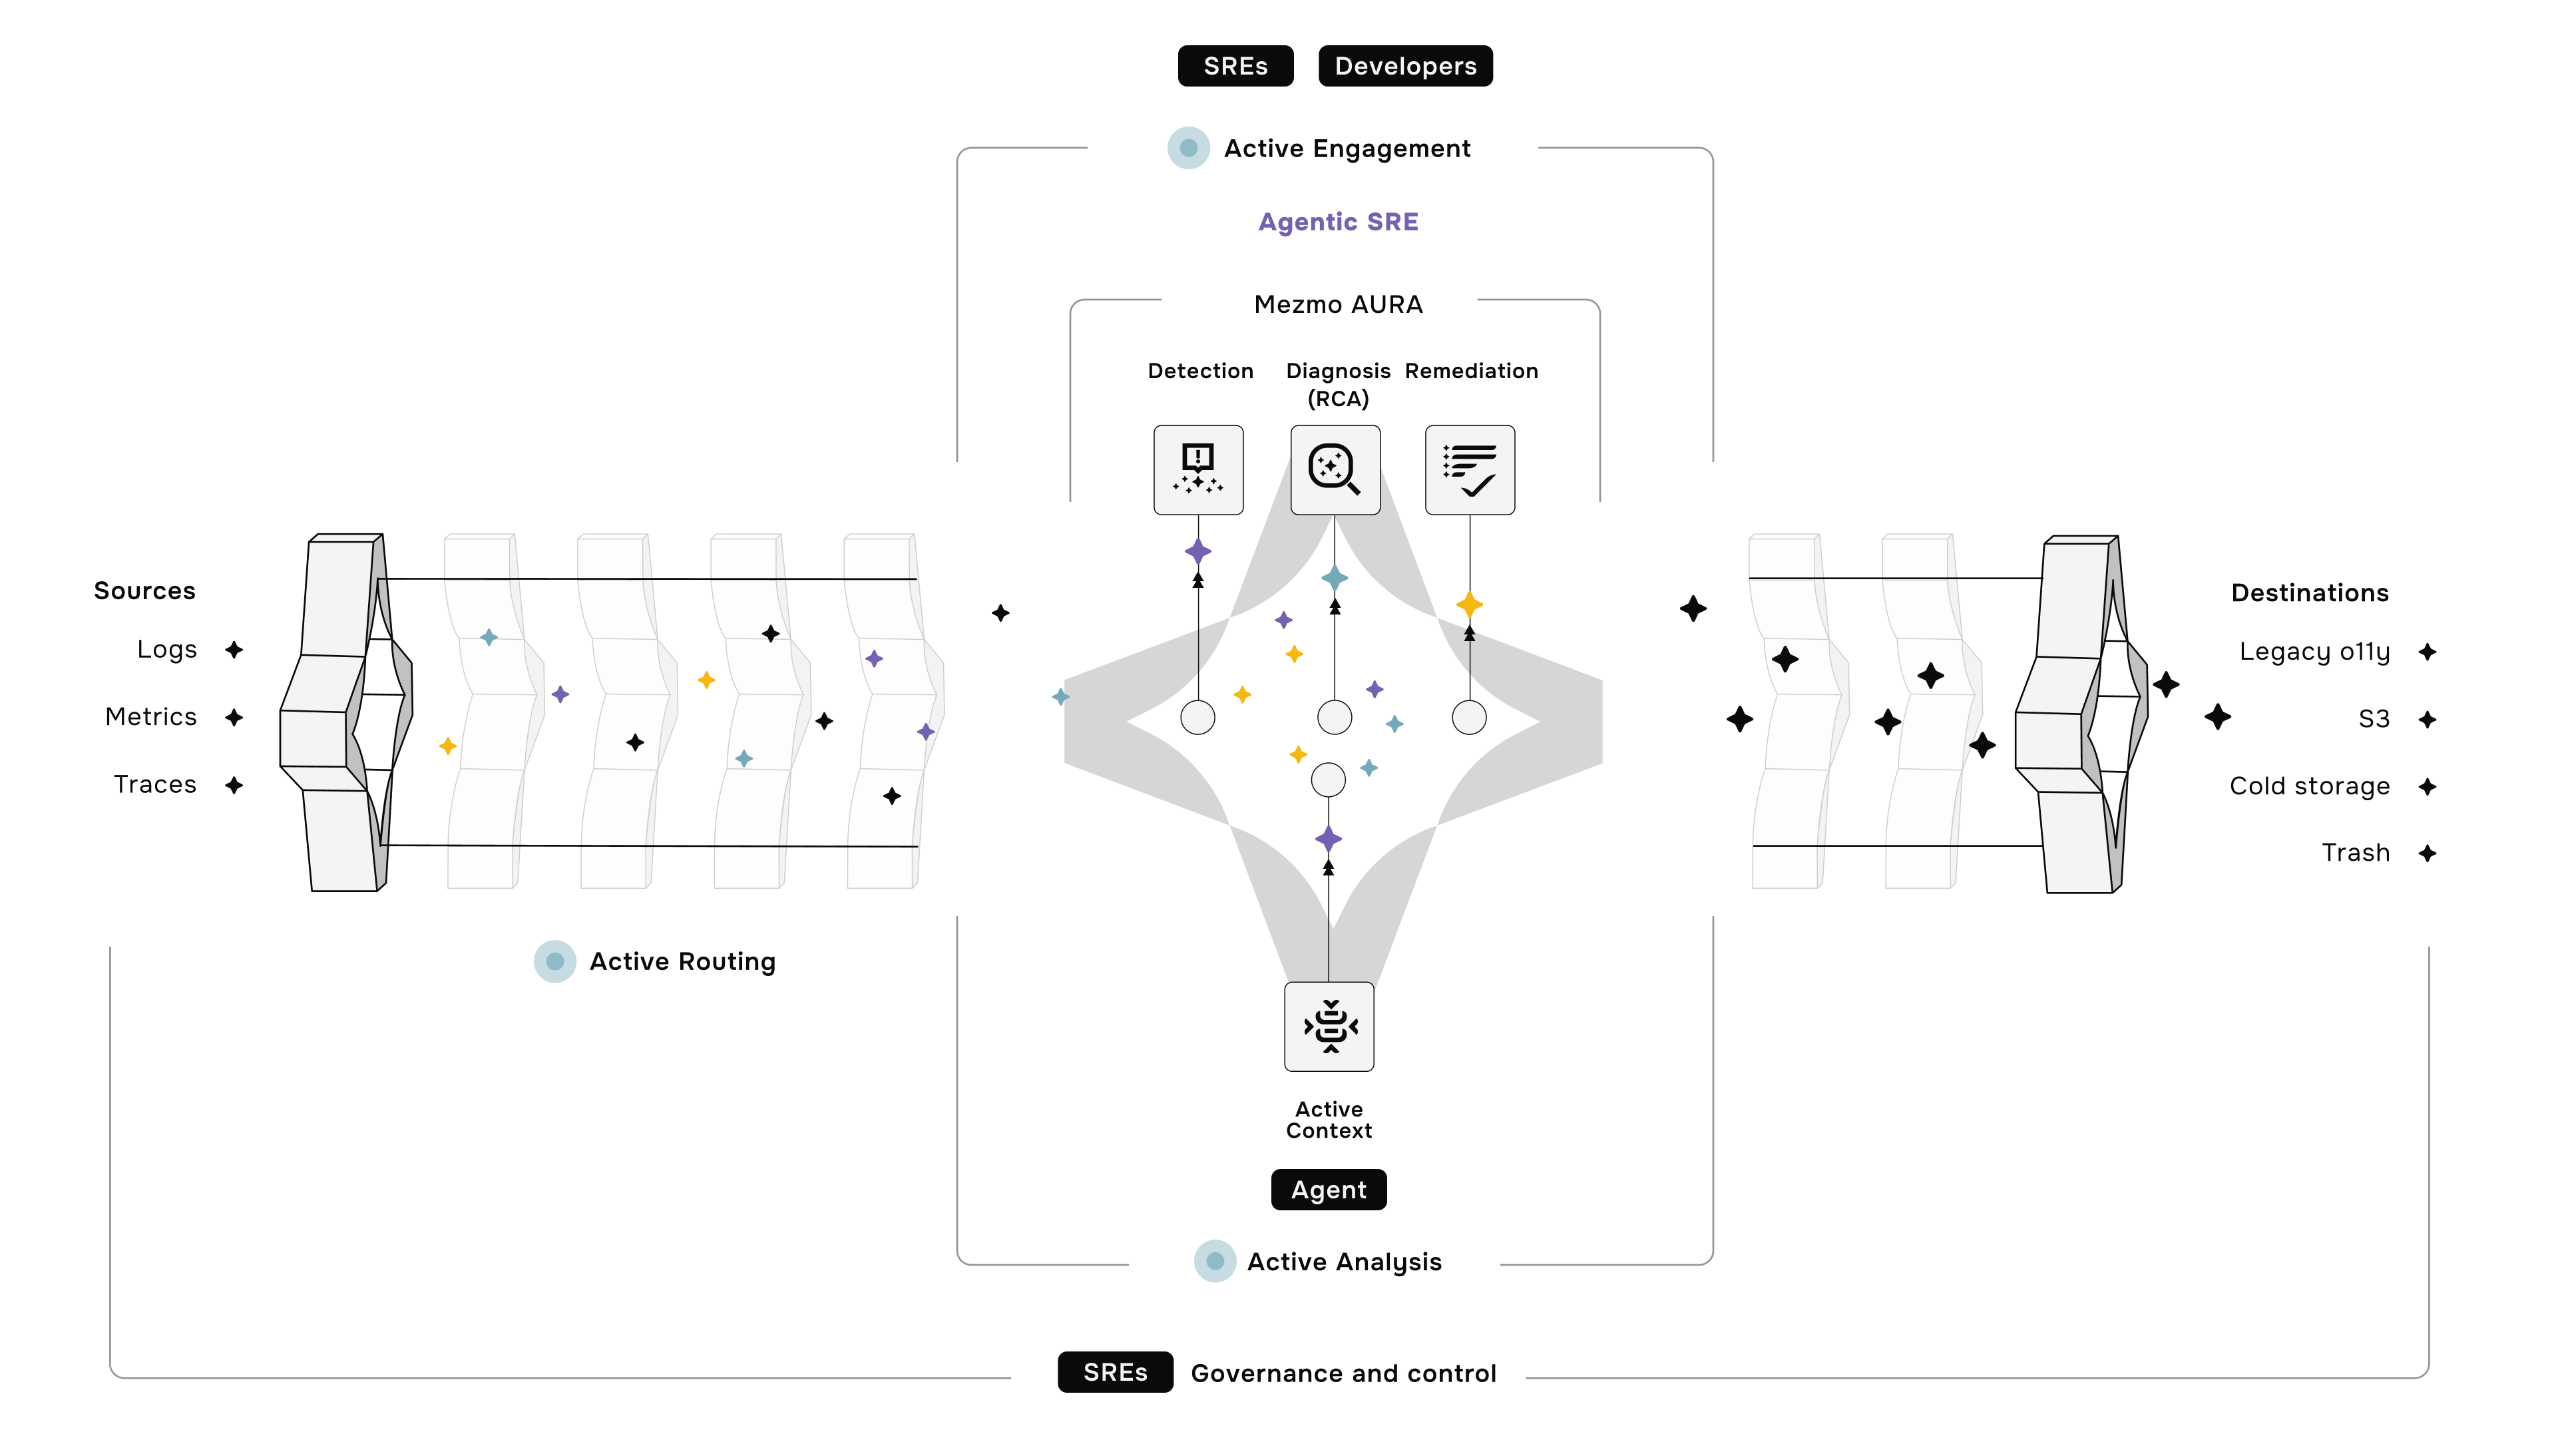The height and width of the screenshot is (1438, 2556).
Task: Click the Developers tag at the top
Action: click(x=1405, y=67)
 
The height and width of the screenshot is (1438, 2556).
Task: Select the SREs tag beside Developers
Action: click(x=1235, y=67)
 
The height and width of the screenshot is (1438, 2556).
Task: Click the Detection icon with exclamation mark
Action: click(x=1197, y=469)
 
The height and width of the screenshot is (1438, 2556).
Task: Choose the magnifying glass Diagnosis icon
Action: click(x=1335, y=469)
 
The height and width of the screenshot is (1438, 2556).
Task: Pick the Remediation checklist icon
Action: click(x=1470, y=469)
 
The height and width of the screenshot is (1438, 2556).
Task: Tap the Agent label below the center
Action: click(x=1329, y=1190)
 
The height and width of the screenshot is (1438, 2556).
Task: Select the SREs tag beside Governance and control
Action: click(x=1116, y=1373)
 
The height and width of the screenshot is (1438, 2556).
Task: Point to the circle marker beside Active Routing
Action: click(x=554, y=961)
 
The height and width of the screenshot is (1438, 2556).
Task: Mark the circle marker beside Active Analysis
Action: click(x=1215, y=1262)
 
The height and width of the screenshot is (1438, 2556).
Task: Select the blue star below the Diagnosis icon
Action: click(x=1335, y=578)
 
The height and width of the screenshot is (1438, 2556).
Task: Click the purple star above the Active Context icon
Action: click(x=1329, y=839)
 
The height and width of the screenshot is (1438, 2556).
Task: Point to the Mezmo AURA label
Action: click(x=1337, y=305)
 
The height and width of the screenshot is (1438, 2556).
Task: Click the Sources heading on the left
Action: click(x=145, y=591)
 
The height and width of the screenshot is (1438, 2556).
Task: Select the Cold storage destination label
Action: click(x=2309, y=786)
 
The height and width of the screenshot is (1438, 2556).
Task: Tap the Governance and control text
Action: click(x=1343, y=1373)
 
